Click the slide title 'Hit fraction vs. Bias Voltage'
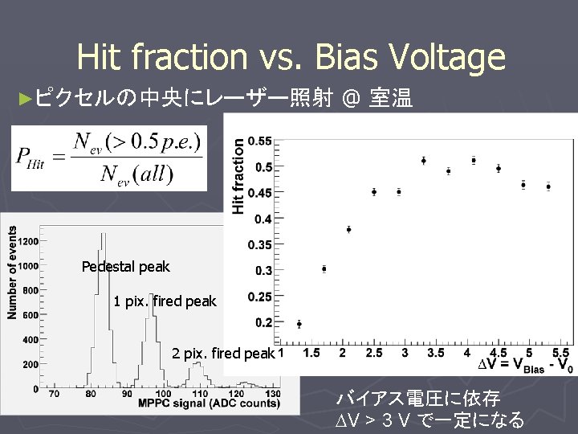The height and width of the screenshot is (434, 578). (291, 58)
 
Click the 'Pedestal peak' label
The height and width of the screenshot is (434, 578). (126, 266)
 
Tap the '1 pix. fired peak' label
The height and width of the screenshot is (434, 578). (165, 301)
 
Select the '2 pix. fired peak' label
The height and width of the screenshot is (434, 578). (223, 354)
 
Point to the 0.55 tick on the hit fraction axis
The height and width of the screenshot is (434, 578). (259, 141)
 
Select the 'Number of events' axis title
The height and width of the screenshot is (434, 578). (12, 272)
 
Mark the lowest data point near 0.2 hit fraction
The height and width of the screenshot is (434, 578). (299, 324)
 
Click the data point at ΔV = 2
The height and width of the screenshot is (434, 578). (348, 229)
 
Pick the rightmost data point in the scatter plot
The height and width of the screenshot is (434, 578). (548, 186)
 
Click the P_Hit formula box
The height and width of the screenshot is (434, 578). (108, 158)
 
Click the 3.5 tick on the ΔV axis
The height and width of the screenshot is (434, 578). (435, 353)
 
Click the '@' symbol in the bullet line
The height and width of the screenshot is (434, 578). (351, 100)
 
